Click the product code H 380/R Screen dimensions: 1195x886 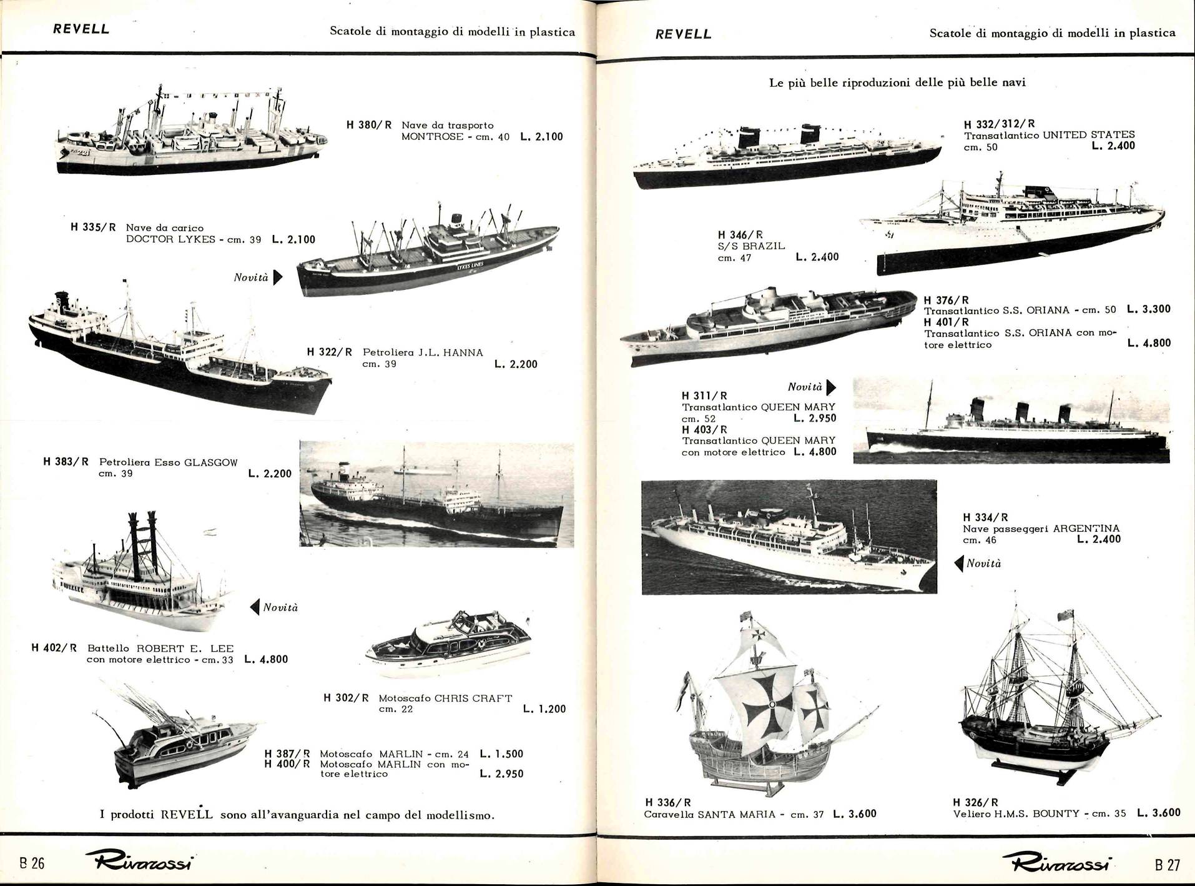(369, 125)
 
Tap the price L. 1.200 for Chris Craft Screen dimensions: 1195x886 (544, 709)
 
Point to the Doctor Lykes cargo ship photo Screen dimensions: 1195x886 (428, 248)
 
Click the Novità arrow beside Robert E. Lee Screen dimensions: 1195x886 (254, 607)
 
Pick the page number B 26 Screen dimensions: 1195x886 (32, 864)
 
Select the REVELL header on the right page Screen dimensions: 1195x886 (684, 34)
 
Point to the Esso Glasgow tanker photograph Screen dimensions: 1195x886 (436, 494)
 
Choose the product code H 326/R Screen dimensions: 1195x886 (975, 802)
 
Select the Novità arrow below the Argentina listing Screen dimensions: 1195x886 (960, 564)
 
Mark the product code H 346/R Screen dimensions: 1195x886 (740, 236)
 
